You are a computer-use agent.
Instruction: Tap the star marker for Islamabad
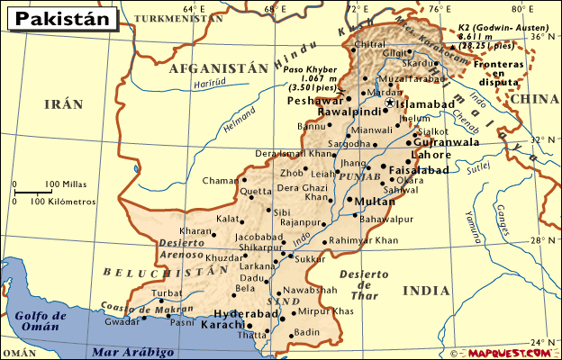(x=390, y=104)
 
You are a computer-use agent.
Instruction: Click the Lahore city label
(x=431, y=155)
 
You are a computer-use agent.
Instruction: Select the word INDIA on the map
(x=425, y=291)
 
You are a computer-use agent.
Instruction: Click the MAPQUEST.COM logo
(x=507, y=352)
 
